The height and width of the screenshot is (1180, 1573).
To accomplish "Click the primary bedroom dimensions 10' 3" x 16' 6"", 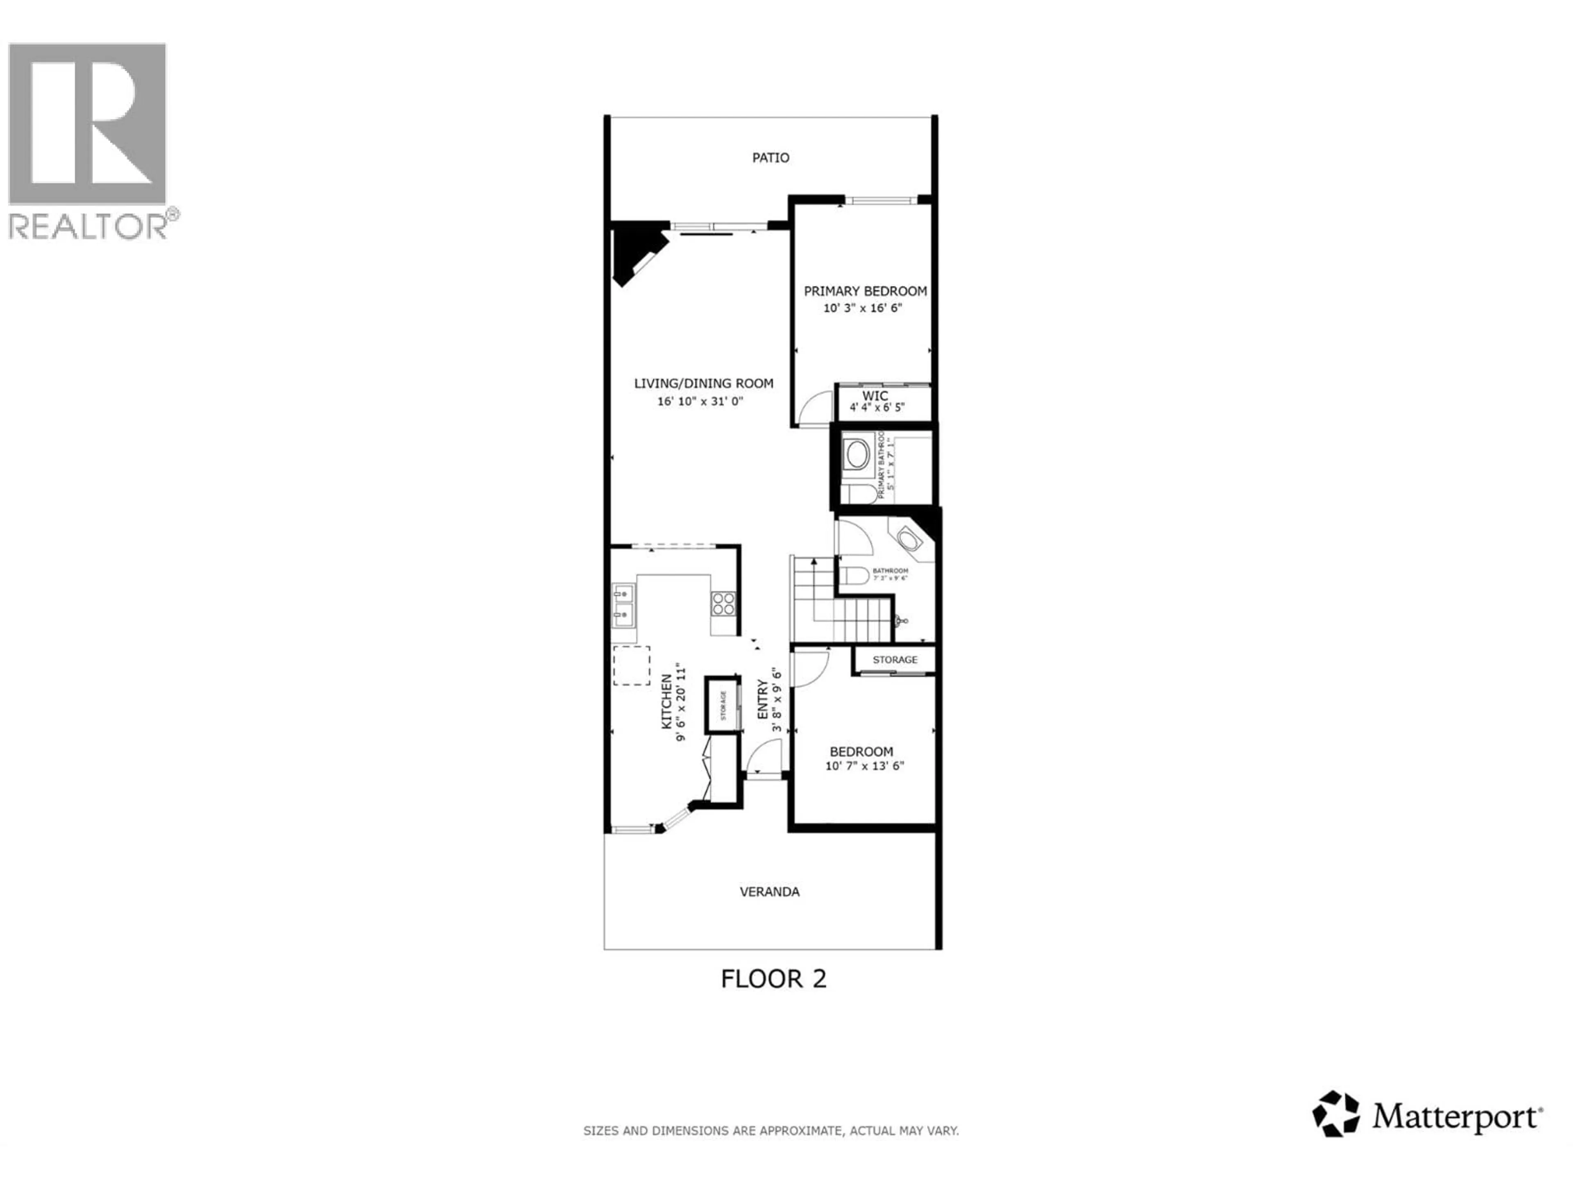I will coord(863,308).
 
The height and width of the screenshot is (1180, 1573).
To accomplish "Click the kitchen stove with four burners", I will coord(723,604).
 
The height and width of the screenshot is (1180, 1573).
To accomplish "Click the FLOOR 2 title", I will coord(774,979).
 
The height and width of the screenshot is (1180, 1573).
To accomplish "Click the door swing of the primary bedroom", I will coord(815,408).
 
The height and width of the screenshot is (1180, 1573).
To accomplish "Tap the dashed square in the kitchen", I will coord(632,666).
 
